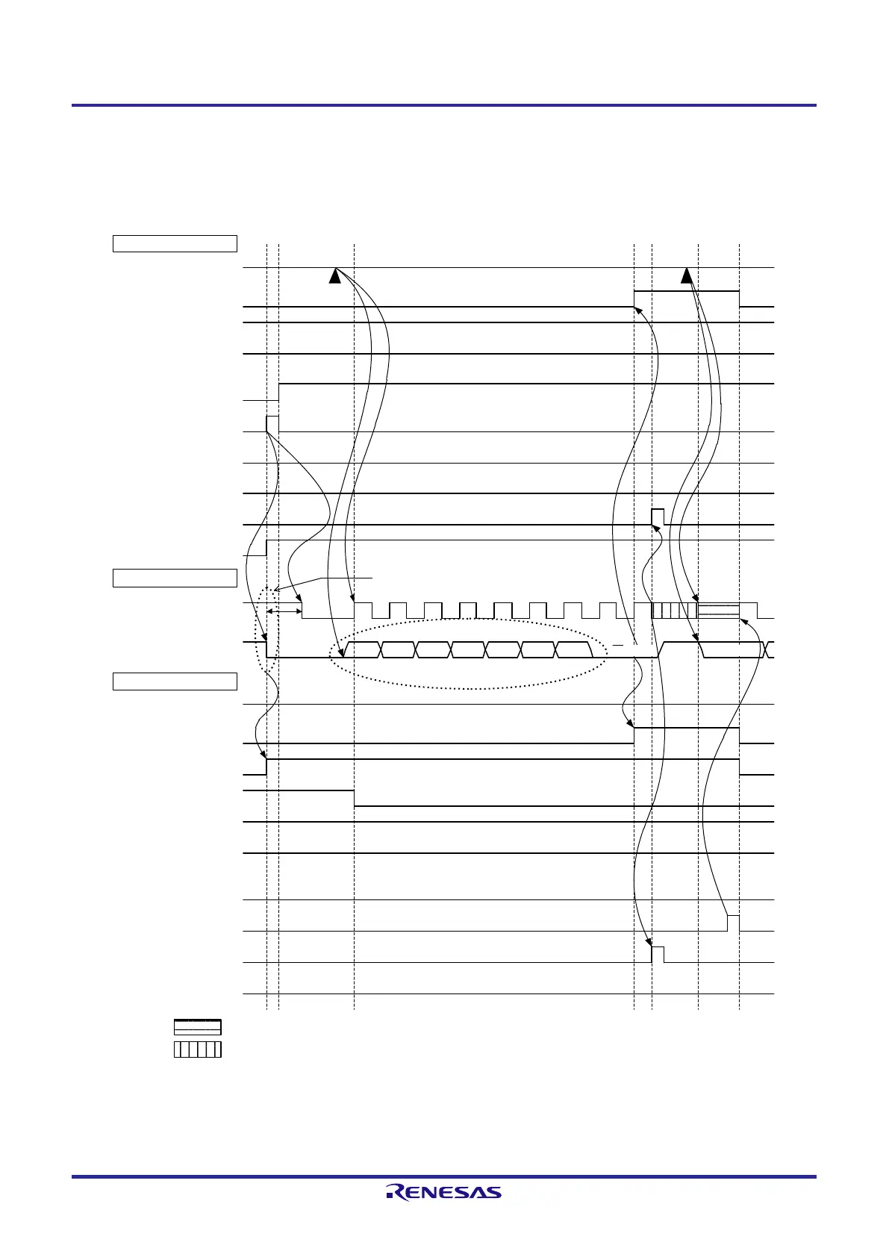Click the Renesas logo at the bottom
[x=443, y=1192]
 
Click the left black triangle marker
[x=335, y=276]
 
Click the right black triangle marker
[x=686, y=276]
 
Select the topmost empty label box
[x=175, y=243]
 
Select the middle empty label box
[x=175, y=578]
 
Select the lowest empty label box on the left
[x=175, y=681]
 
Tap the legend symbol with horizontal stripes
[x=198, y=1027]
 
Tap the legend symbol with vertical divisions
[x=198, y=1049]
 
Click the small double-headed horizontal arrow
[x=284, y=611]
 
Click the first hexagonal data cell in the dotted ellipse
[x=363, y=649]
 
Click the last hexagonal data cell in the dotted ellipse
[x=575, y=649]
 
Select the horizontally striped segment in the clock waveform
[x=718, y=610]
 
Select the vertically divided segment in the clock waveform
[x=675, y=610]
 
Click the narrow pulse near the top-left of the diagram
[x=272, y=424]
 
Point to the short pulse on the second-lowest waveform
[x=658, y=954]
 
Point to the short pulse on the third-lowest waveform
[x=733, y=923]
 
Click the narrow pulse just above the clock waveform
[x=658, y=517]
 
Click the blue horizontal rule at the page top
[x=443, y=105]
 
